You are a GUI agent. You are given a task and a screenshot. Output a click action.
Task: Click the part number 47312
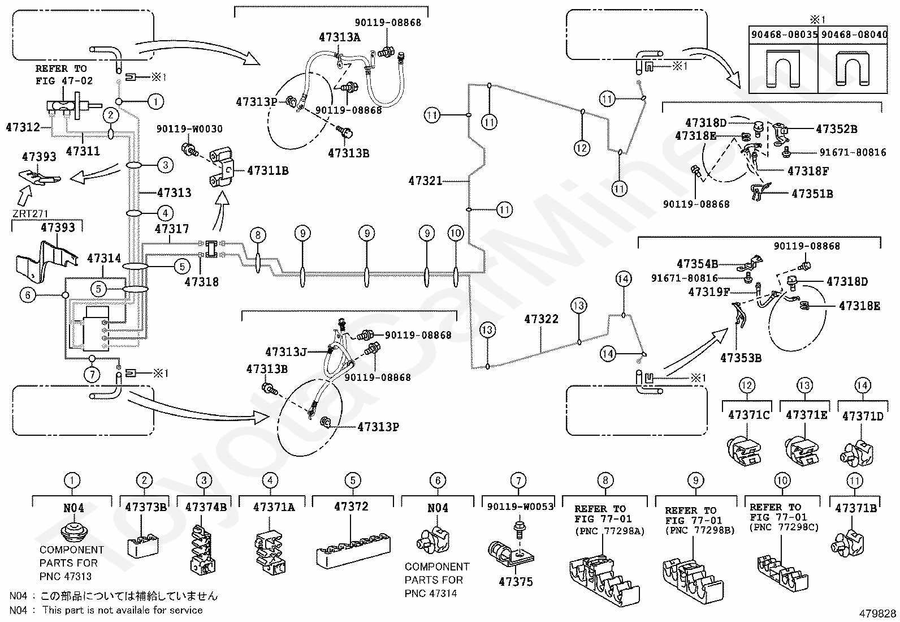[23, 127]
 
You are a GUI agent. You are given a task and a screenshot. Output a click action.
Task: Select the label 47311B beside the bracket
[268, 170]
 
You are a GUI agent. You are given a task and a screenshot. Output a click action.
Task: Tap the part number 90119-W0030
[189, 128]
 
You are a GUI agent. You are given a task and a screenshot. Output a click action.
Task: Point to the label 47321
[426, 181]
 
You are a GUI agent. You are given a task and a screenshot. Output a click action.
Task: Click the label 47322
[541, 319]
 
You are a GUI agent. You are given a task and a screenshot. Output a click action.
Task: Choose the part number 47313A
[340, 37]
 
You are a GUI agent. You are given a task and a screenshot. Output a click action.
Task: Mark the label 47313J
[286, 352]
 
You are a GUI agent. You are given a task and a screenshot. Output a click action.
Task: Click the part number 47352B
[837, 128]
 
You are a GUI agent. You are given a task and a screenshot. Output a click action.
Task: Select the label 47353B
[741, 358]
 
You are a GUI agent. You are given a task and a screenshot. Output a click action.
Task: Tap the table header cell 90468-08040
[854, 35]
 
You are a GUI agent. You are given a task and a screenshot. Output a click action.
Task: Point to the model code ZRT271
[30, 213]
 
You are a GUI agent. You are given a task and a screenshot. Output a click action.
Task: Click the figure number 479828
[877, 613]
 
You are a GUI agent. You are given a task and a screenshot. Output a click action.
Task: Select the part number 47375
[516, 581]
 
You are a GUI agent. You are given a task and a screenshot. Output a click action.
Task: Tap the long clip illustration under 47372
[353, 550]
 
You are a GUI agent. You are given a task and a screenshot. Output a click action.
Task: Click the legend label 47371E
[806, 415]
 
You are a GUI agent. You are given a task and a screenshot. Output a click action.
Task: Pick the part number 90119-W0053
[520, 507]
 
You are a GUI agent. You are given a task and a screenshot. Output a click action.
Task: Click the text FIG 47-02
[64, 81]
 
